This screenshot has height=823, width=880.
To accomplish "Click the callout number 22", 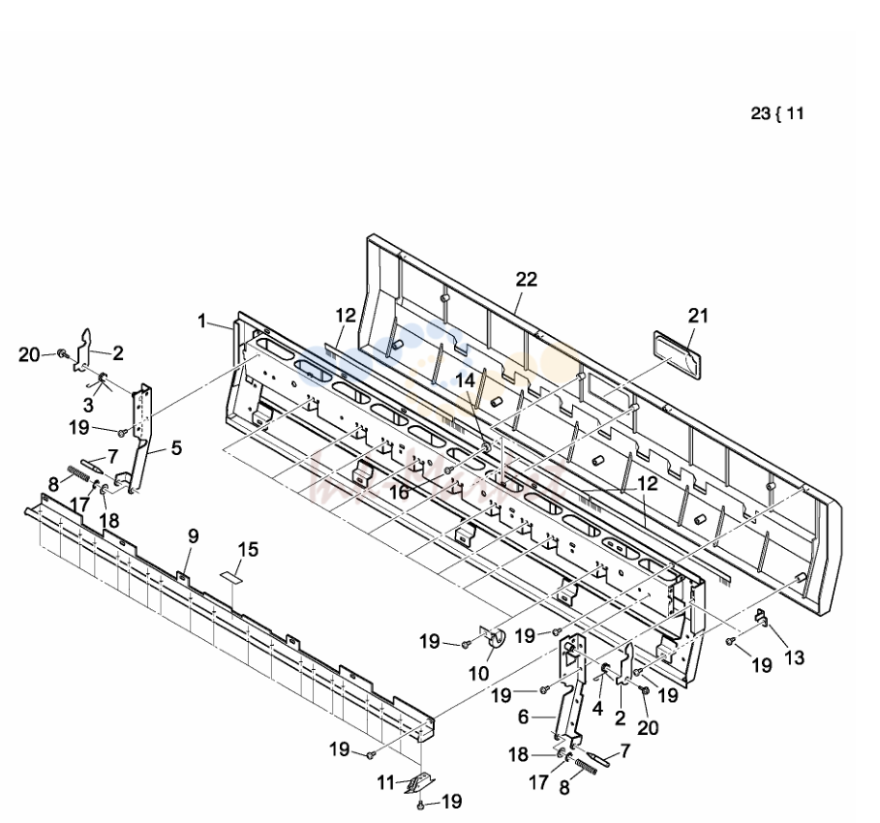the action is pos(527,279).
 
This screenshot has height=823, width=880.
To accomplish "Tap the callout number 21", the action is pos(698,316).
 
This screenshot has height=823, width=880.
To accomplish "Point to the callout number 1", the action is pos(202,321).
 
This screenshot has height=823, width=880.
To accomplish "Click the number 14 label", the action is pos(465,381).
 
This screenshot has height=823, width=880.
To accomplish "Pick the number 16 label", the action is pos(399,492).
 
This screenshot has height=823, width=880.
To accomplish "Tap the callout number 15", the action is pos(248,549).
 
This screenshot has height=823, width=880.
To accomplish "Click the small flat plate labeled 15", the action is pos(230,576).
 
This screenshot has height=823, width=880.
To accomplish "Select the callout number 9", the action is pos(193,536).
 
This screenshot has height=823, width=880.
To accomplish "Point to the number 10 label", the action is pos(479,673).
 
